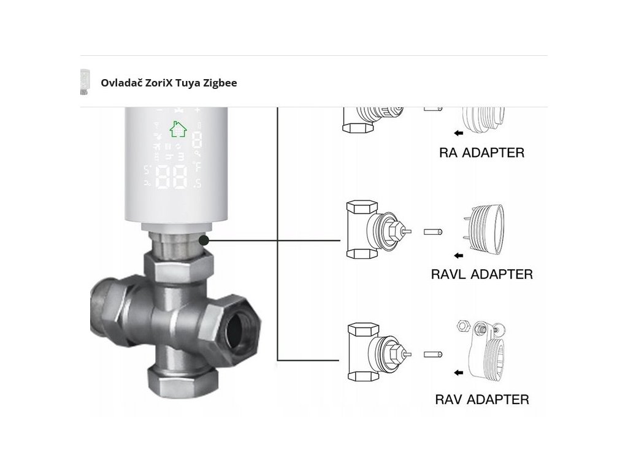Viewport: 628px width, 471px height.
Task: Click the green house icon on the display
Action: coord(178,129)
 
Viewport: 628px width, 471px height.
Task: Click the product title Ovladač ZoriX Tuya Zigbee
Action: coord(169,82)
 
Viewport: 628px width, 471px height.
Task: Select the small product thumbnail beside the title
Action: coord(85,82)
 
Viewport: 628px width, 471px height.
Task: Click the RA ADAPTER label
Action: coord(481,153)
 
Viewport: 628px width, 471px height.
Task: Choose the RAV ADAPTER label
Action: coord(481,399)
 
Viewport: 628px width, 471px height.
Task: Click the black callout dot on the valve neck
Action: coord(204,240)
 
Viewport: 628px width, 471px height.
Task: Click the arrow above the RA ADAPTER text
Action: coord(456,132)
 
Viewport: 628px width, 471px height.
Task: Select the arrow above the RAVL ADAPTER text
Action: coord(456,255)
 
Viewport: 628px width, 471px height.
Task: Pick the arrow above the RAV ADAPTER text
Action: coord(456,372)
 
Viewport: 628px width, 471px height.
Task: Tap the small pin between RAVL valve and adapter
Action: coord(432,232)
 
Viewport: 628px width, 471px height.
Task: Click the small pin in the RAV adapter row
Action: coord(432,354)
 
